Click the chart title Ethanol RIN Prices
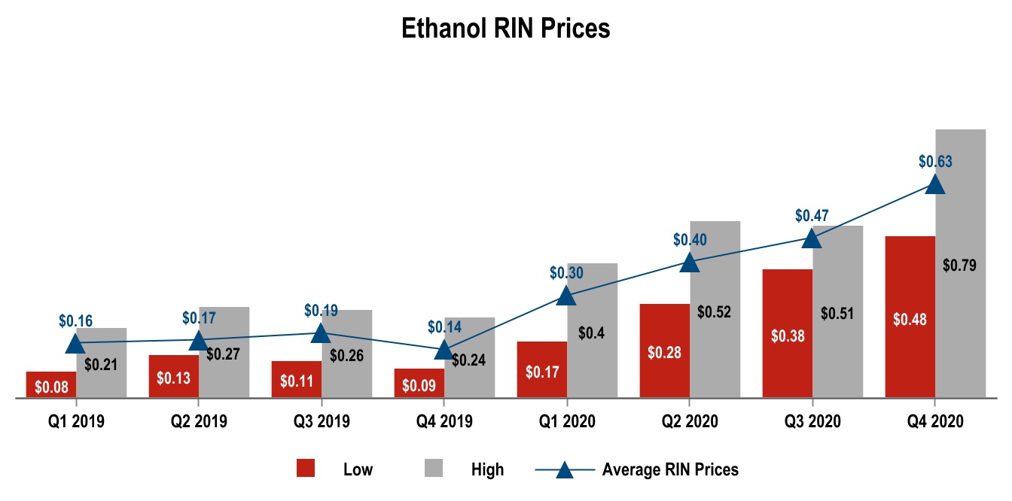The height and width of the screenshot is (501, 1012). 505,29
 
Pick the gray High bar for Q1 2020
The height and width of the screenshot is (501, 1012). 593,361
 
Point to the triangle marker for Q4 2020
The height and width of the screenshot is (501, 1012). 934,184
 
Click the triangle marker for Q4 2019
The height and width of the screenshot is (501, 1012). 444,350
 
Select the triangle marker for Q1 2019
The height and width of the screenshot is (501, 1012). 75,344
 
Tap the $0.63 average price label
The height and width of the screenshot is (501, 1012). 935,161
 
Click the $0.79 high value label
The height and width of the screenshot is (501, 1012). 959,265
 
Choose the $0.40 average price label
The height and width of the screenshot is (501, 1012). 690,240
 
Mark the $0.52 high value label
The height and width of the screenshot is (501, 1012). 715,311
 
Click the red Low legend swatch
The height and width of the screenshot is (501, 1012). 306,469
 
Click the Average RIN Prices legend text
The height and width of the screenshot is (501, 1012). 670,469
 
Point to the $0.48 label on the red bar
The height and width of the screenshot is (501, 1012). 910,319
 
